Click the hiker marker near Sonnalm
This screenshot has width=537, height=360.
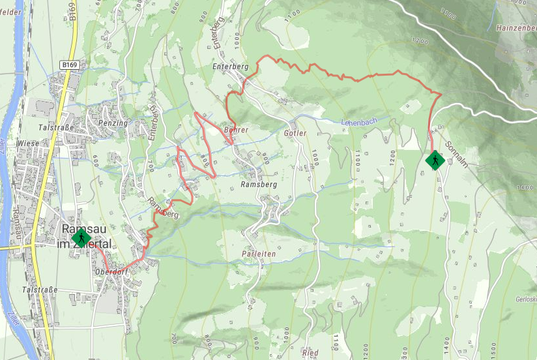[435, 160]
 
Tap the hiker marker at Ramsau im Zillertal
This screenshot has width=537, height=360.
[81, 238]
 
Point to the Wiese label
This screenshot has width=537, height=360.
[27, 143]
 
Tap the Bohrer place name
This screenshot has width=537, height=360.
[236, 130]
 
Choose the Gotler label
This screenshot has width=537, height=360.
[295, 133]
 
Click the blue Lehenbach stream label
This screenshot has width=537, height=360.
[360, 122]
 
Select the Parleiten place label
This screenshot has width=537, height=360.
[259, 253]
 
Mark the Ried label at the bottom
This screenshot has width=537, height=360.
[310, 353]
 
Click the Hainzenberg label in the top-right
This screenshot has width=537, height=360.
[516, 29]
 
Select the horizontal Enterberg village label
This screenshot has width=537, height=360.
[231, 67]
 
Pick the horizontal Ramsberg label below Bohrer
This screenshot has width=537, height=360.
[259, 185]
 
